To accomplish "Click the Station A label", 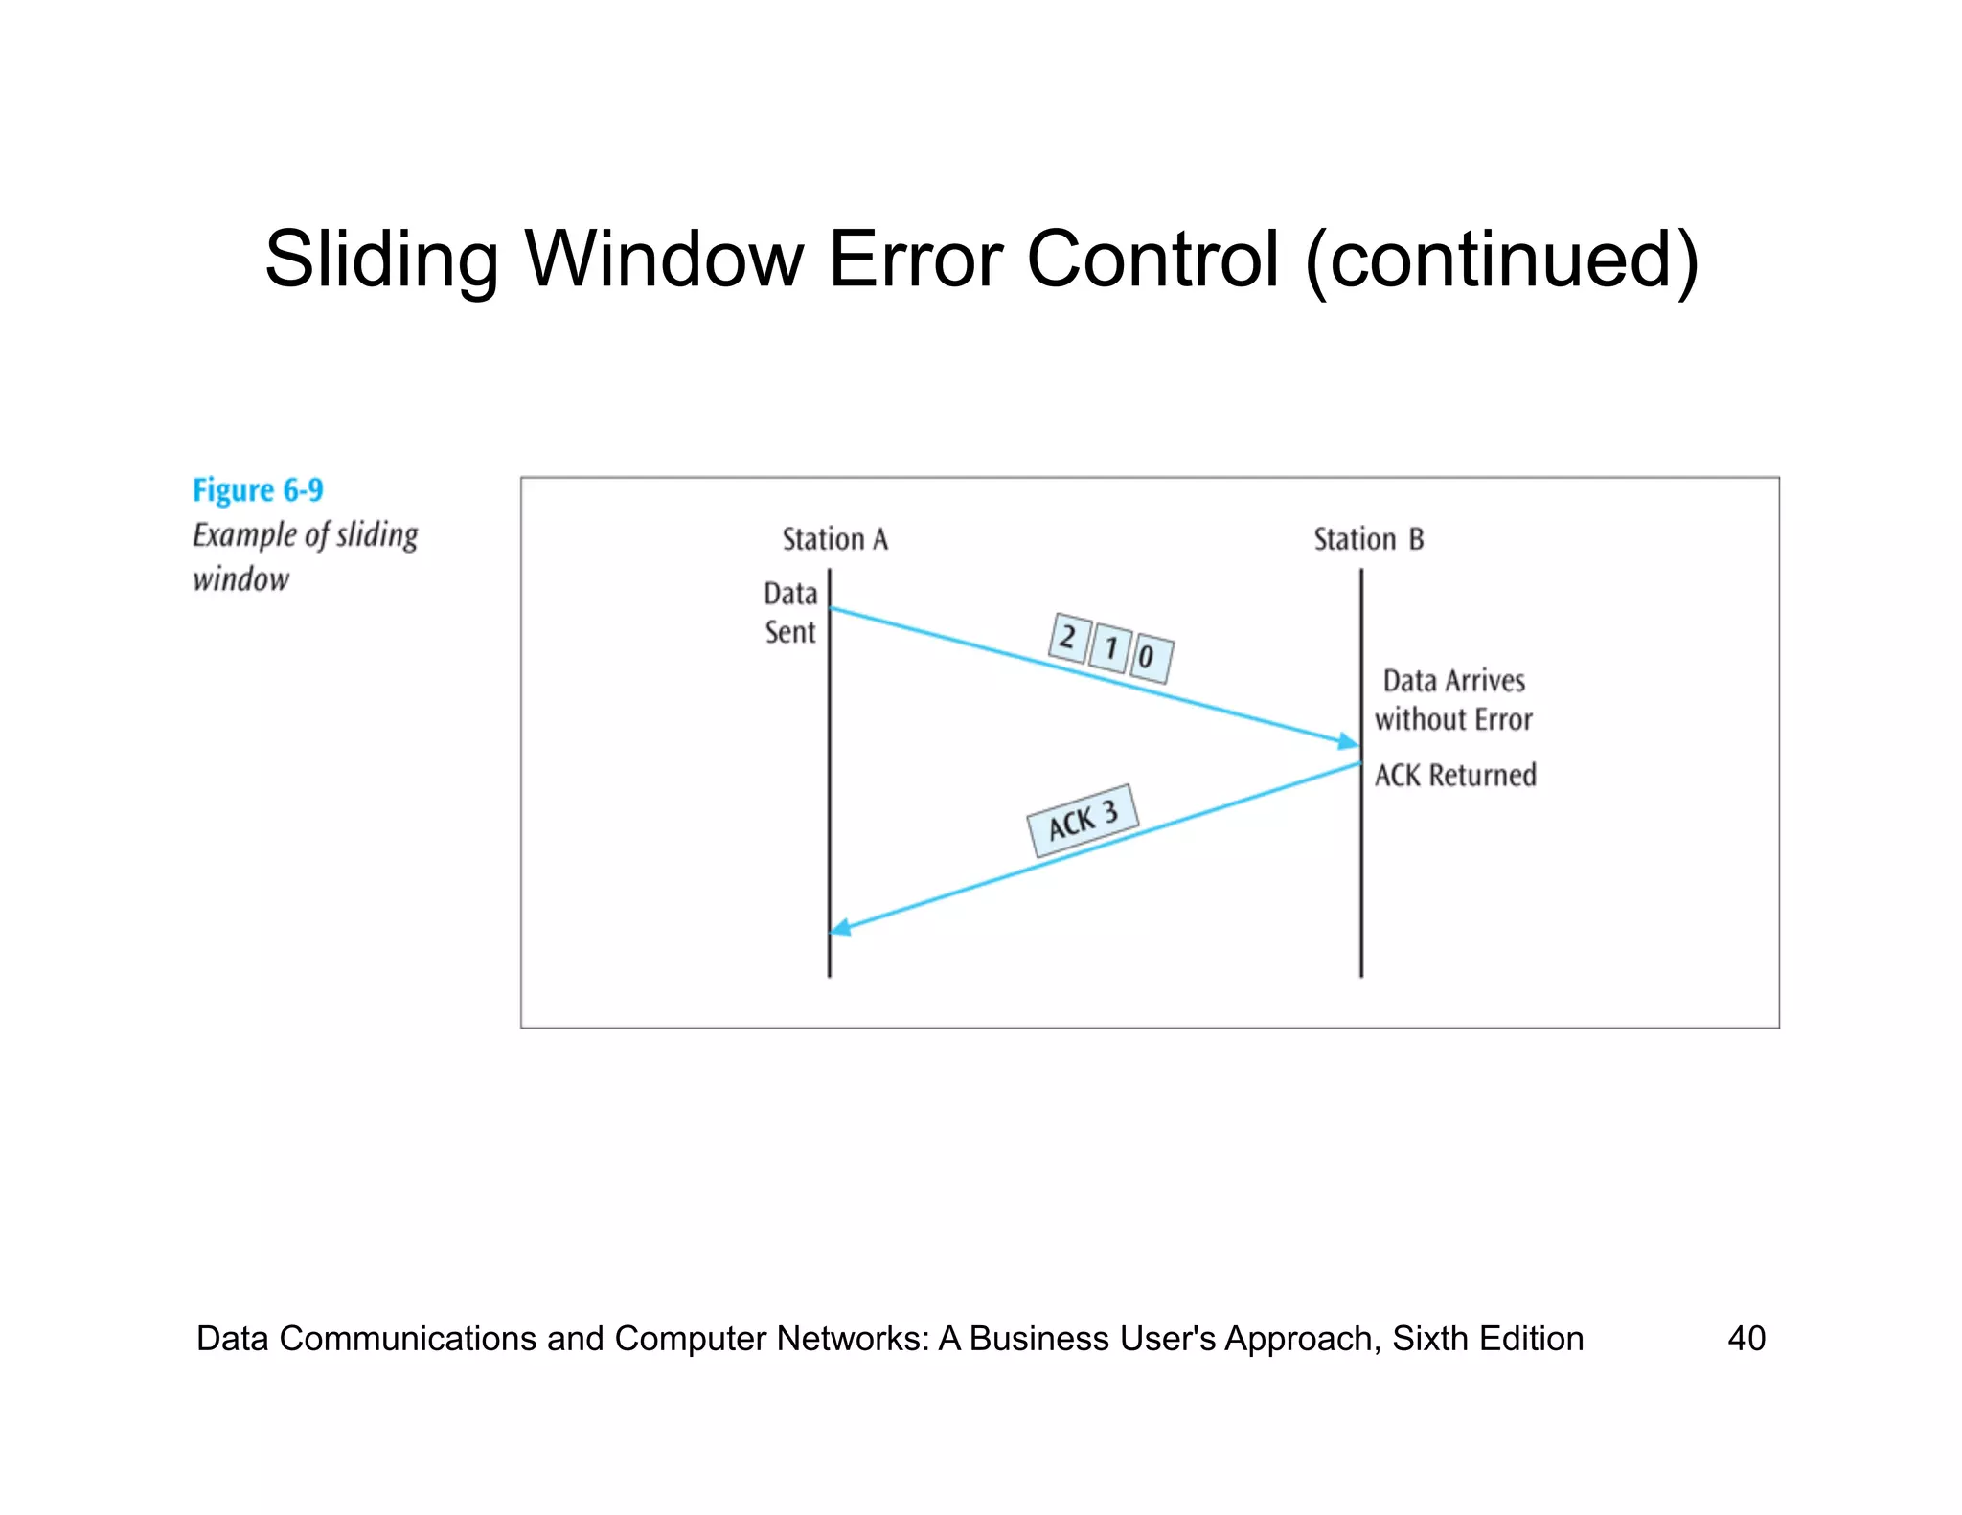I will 834,539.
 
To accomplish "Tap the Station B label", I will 1368,539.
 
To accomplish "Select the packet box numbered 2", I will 1068,637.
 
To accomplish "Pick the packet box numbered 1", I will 1110,648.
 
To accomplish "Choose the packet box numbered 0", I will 1150,658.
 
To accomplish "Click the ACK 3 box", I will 1083,821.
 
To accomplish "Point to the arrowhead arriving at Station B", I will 1349,742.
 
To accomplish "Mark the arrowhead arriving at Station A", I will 840,927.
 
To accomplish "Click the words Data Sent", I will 790,613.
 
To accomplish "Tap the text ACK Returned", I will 1454,775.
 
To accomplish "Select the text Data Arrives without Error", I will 1453,700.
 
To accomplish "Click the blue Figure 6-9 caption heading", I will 258,490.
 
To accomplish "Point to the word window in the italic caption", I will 240,579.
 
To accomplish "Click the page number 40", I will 1745,1338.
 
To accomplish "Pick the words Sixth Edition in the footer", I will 1487,1338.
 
